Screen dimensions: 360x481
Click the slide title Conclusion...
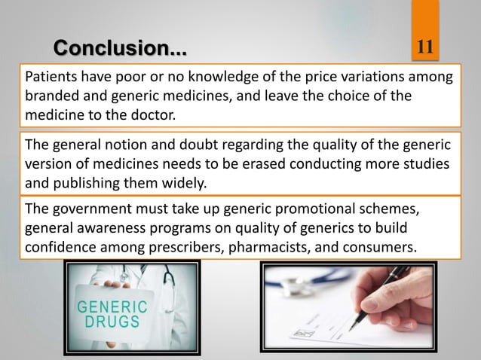point(119,50)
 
